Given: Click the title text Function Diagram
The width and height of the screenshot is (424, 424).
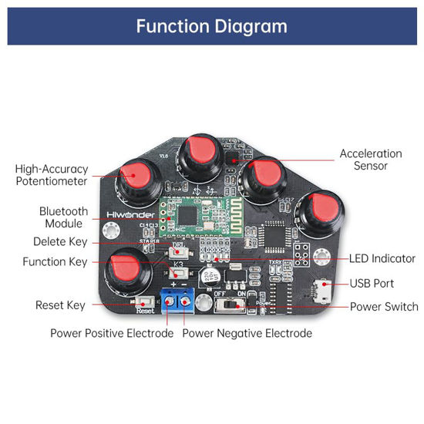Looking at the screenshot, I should tap(211, 26).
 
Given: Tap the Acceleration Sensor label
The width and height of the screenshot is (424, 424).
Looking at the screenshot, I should tap(370, 160).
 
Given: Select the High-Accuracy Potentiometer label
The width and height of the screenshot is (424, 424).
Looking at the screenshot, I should tap(52, 175).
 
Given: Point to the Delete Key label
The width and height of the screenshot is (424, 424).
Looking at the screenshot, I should tap(60, 242).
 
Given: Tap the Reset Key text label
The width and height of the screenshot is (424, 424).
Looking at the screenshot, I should tap(60, 305).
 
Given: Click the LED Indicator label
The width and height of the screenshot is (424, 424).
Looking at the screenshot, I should tap(382, 259).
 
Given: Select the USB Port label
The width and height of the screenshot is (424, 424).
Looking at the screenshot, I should tap(372, 284).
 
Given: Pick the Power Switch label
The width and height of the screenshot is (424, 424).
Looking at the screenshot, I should tap(384, 306).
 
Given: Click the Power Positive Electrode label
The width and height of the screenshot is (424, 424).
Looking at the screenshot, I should tap(113, 334).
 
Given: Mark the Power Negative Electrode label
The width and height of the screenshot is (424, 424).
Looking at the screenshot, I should tap(247, 334).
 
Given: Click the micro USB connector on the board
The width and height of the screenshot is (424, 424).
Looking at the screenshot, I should tap(325, 291).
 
